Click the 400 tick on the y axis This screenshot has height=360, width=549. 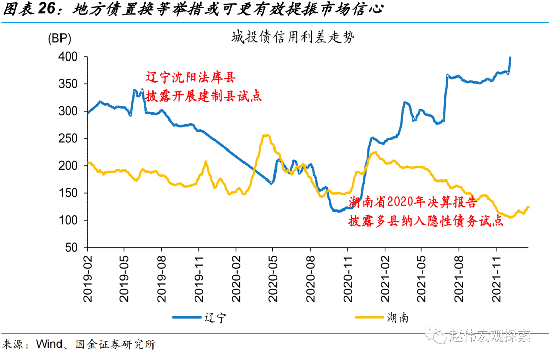point(68,57)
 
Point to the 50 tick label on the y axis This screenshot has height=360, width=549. point(71,248)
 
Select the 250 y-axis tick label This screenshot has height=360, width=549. point(68,138)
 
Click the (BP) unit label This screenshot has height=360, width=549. point(59,38)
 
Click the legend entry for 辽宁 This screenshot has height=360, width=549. point(213,318)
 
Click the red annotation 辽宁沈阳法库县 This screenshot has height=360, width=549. point(191,78)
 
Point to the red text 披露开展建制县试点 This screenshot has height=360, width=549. point(203,96)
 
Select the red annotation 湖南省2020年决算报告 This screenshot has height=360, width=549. point(413,203)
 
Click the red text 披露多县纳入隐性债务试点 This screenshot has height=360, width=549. point(425,222)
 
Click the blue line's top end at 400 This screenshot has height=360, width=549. point(510,58)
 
